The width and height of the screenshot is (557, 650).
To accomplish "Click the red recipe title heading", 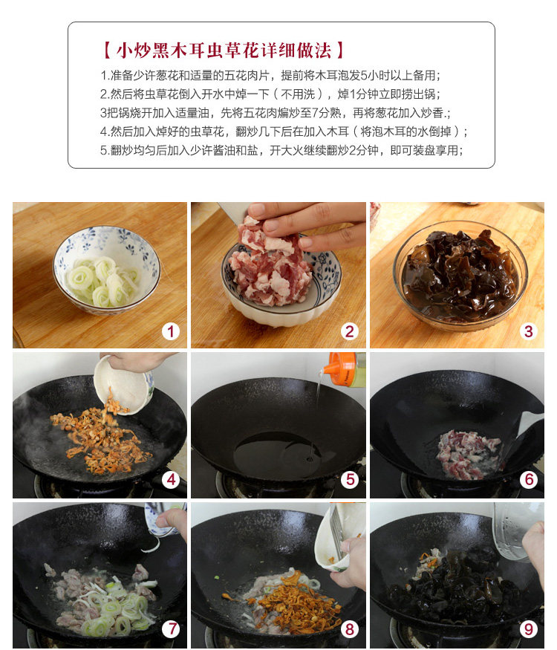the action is coord(224,51).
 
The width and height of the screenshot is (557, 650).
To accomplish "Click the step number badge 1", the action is coord(170,331).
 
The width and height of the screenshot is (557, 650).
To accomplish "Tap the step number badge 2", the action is coord(349,331).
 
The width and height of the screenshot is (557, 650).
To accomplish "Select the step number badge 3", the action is coord(528,331).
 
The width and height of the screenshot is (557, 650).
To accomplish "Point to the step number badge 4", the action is coord(171,480).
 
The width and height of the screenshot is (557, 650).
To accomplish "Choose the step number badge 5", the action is coord(350,480).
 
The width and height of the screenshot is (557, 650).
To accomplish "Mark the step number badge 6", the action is coord(529,480).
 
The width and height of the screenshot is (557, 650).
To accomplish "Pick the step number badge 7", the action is coord(171,629).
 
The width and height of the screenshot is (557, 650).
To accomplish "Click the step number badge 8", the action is coord(350,629).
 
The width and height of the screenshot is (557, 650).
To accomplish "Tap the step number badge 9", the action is coord(529,629).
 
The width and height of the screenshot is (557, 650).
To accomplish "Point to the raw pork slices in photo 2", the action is coord(270,265).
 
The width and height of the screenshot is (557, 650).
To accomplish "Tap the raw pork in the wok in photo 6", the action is coord(469,455).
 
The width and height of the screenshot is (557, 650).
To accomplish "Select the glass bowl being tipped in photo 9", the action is coord(516,530).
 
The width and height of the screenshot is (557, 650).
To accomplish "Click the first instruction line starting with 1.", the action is coord(270,76).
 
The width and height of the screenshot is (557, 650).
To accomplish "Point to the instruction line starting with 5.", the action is coord(281,150).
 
